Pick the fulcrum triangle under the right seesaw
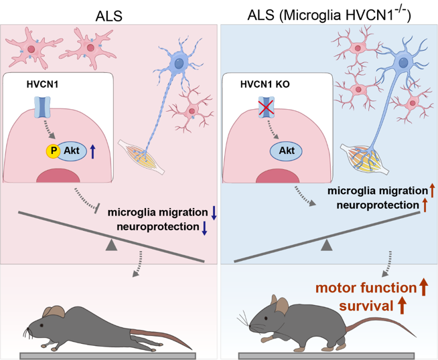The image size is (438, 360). (327, 246)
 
